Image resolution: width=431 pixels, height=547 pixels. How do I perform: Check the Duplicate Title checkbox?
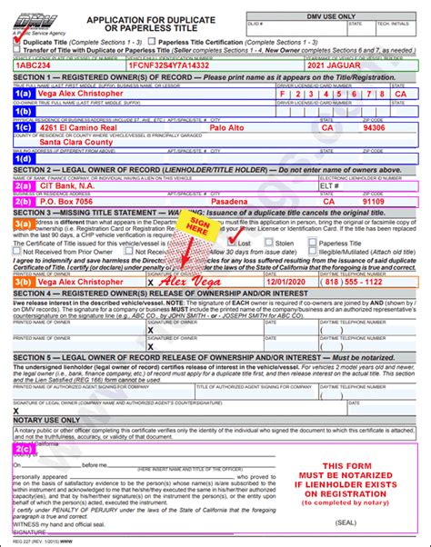[18, 41]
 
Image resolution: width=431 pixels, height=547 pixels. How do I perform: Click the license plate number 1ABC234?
[34, 65]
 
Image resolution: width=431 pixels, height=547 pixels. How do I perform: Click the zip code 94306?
[399, 128]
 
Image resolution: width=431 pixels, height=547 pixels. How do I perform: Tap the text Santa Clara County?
[77, 142]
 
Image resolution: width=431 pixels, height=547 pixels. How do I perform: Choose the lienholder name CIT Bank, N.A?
[69, 186]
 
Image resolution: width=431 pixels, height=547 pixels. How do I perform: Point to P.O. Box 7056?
[72, 202]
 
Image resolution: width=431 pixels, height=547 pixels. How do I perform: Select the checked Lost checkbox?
[231, 244]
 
